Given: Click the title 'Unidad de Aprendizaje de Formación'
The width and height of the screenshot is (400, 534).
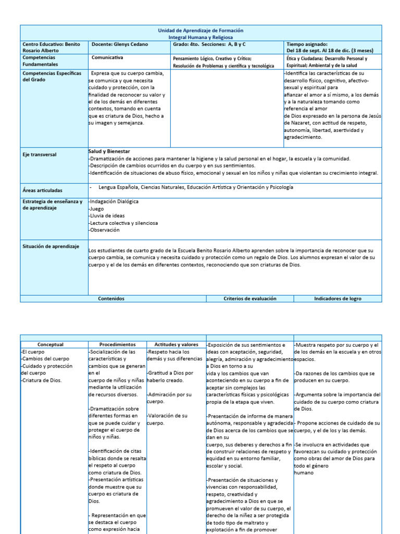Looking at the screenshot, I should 201,31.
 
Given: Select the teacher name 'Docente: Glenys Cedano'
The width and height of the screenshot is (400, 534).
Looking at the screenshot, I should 119,45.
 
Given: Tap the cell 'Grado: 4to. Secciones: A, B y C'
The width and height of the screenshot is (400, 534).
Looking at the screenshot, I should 210,45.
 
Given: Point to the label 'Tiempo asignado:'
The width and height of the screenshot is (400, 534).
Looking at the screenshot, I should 307,45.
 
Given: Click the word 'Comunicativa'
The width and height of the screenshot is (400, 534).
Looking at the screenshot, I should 107,58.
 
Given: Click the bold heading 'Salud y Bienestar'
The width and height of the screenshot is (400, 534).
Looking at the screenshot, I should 109,151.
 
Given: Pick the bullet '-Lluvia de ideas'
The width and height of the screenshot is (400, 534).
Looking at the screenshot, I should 107,216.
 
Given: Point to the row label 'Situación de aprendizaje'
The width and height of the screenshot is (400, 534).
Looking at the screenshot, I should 51,246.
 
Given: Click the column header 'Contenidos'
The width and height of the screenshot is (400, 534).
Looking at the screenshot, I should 111,299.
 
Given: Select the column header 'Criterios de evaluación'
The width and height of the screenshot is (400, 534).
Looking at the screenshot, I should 249,299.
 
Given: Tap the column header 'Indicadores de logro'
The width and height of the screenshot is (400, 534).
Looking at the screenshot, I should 337,299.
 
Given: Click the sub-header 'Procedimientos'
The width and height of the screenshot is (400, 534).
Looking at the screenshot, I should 117,345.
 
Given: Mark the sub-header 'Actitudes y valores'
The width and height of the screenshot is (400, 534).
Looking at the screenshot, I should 176,345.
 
